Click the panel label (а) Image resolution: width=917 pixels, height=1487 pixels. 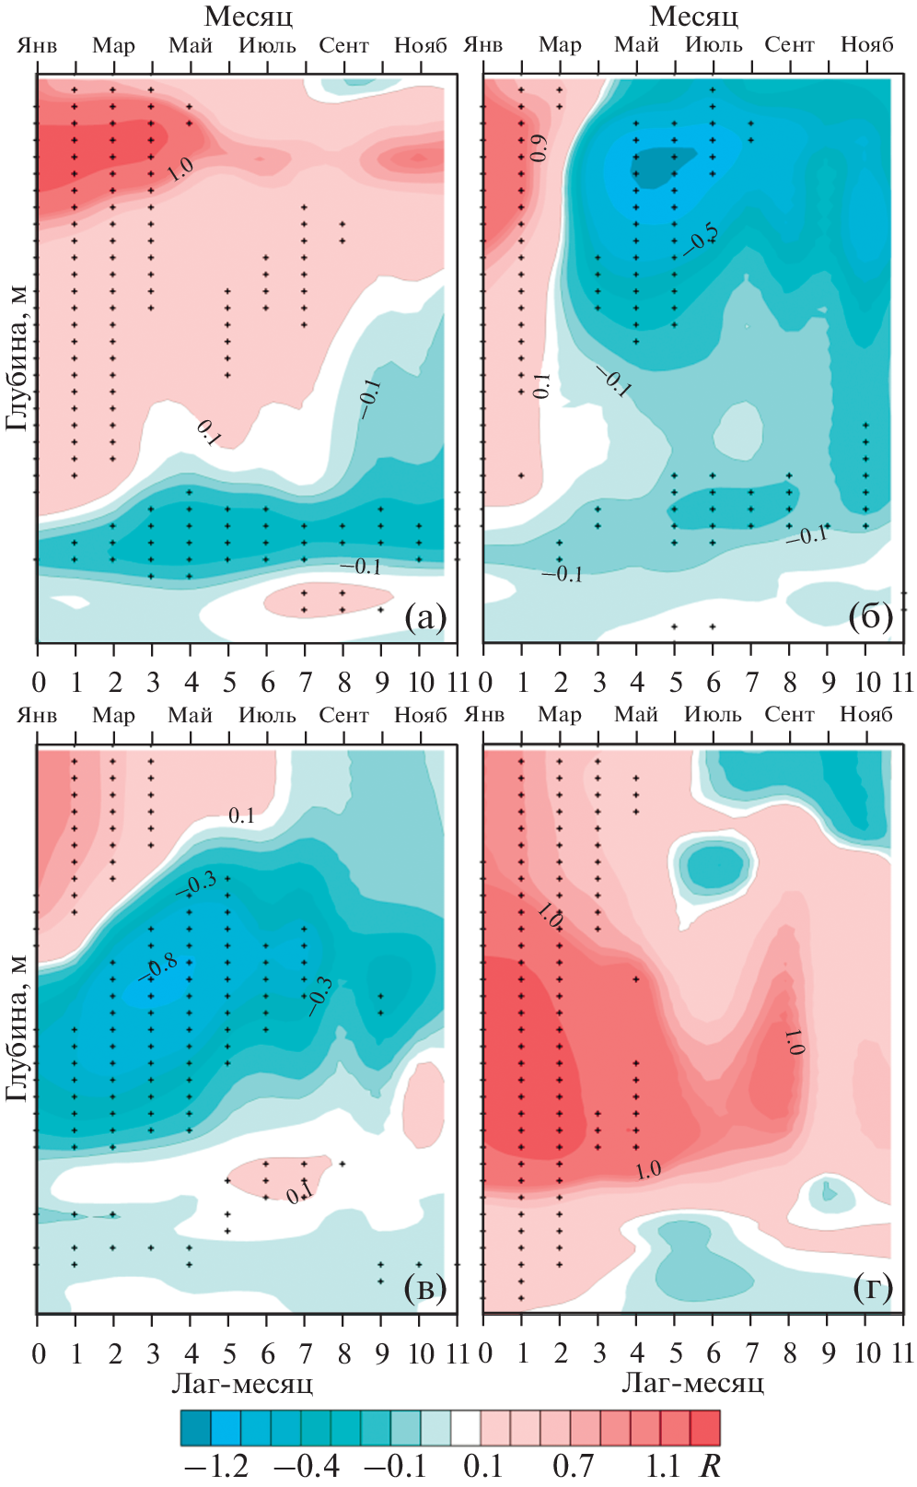click(425, 618)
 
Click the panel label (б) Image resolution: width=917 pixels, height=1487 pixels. click(871, 617)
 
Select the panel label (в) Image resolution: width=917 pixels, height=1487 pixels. click(425, 1288)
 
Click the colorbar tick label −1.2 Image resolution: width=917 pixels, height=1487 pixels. click(217, 1466)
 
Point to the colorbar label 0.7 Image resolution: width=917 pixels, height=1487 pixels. click(573, 1466)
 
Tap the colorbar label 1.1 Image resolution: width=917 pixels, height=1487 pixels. click(662, 1466)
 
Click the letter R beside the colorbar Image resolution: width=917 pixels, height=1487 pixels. click(710, 1466)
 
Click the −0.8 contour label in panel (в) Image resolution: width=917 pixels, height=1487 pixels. click(158, 967)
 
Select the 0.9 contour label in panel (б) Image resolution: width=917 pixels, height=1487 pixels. click(540, 147)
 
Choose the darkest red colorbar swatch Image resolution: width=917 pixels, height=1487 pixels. click(705, 1427)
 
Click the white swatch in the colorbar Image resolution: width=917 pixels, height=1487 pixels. click(466, 1427)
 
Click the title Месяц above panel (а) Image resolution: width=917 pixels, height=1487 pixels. click(249, 16)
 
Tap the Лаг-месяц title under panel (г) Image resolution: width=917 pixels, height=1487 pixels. click(693, 1383)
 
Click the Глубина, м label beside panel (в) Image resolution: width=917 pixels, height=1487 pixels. click(17, 1027)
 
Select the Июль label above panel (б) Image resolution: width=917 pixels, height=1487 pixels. click(714, 44)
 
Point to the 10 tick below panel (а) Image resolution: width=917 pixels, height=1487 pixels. click(421, 683)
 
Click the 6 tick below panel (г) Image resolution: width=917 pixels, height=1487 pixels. click(714, 1353)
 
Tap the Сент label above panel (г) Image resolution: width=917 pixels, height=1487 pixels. click(790, 714)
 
